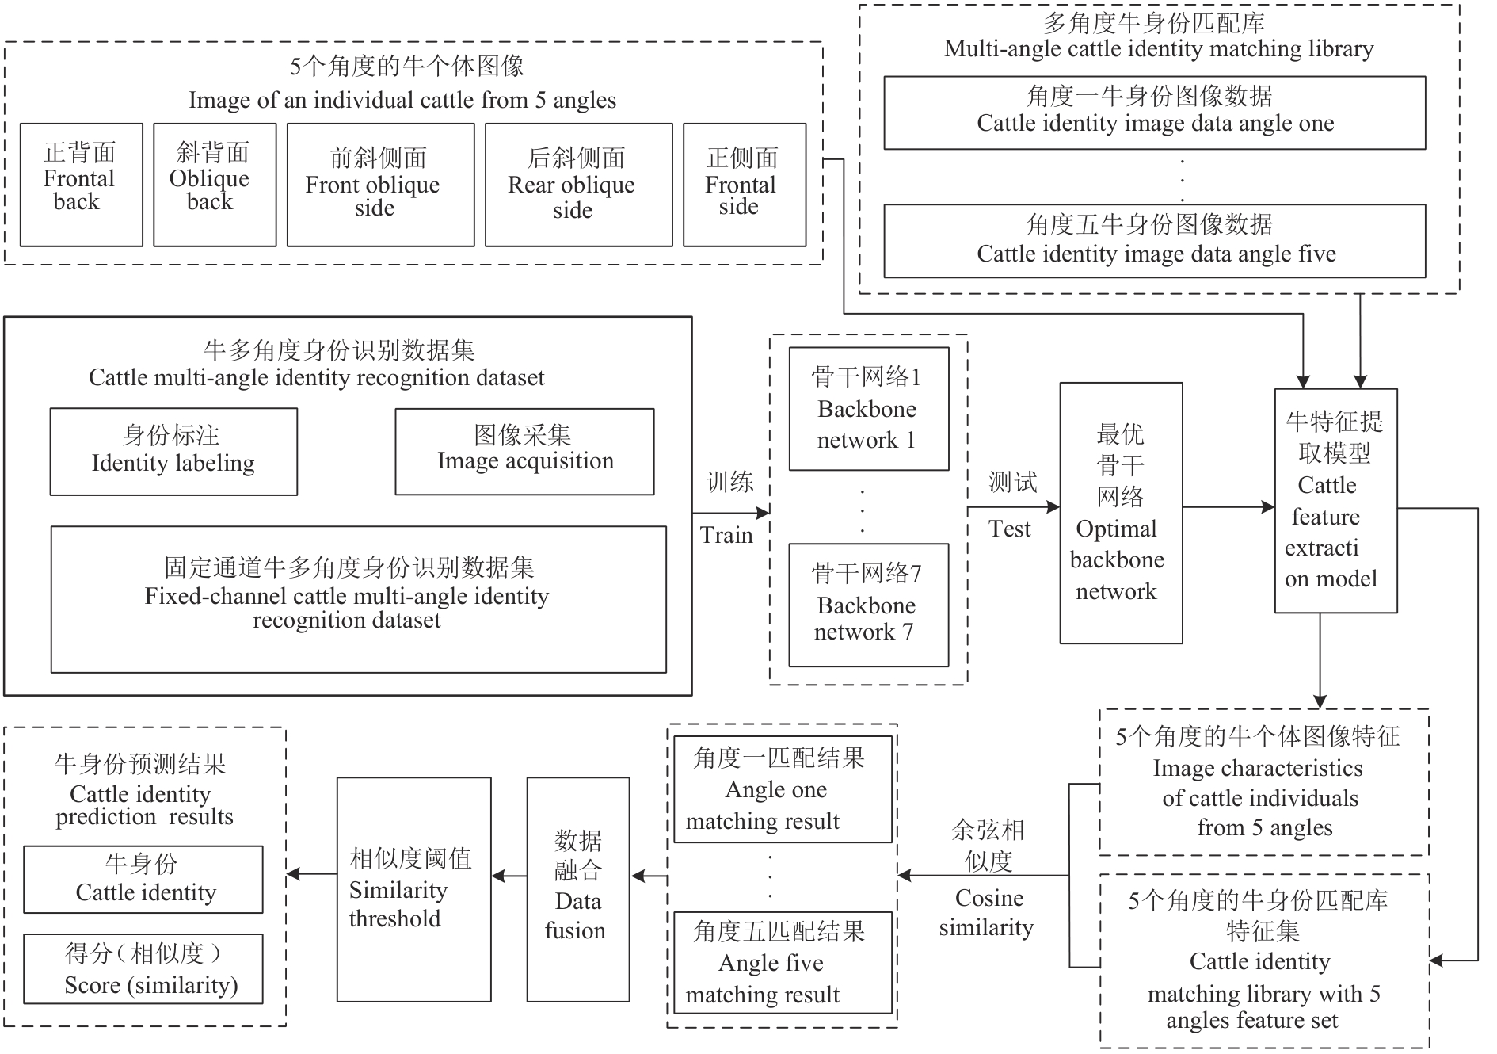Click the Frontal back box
click(81, 185)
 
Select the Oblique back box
click(215, 185)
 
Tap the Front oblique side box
click(380, 185)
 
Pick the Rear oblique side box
click(578, 185)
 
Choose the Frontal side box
click(745, 185)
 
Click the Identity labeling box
click(173, 452)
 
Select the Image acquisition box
click(524, 452)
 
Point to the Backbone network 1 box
click(868, 409)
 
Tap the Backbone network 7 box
click(868, 605)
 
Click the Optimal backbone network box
click(1121, 513)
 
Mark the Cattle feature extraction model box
click(1335, 501)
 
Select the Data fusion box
click(578, 889)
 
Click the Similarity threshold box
click(413, 889)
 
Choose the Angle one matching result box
click(782, 789)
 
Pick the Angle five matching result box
click(782, 962)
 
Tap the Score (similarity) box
click(143, 969)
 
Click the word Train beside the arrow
click(726, 536)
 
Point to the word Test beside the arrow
click(1010, 529)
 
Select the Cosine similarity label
click(987, 913)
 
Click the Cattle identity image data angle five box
click(1154, 241)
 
